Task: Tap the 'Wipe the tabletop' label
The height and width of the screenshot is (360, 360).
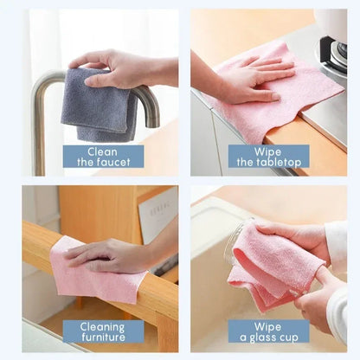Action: (x=268, y=156)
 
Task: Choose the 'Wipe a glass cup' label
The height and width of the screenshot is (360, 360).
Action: (x=268, y=331)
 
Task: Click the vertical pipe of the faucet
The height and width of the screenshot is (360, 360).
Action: (x=39, y=130)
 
